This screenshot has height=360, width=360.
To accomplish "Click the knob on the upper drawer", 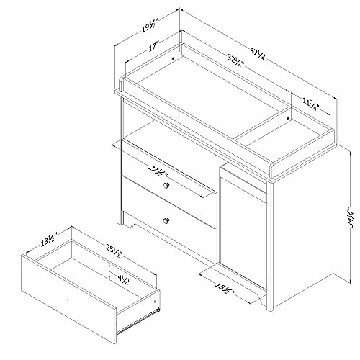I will pos(166,186).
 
